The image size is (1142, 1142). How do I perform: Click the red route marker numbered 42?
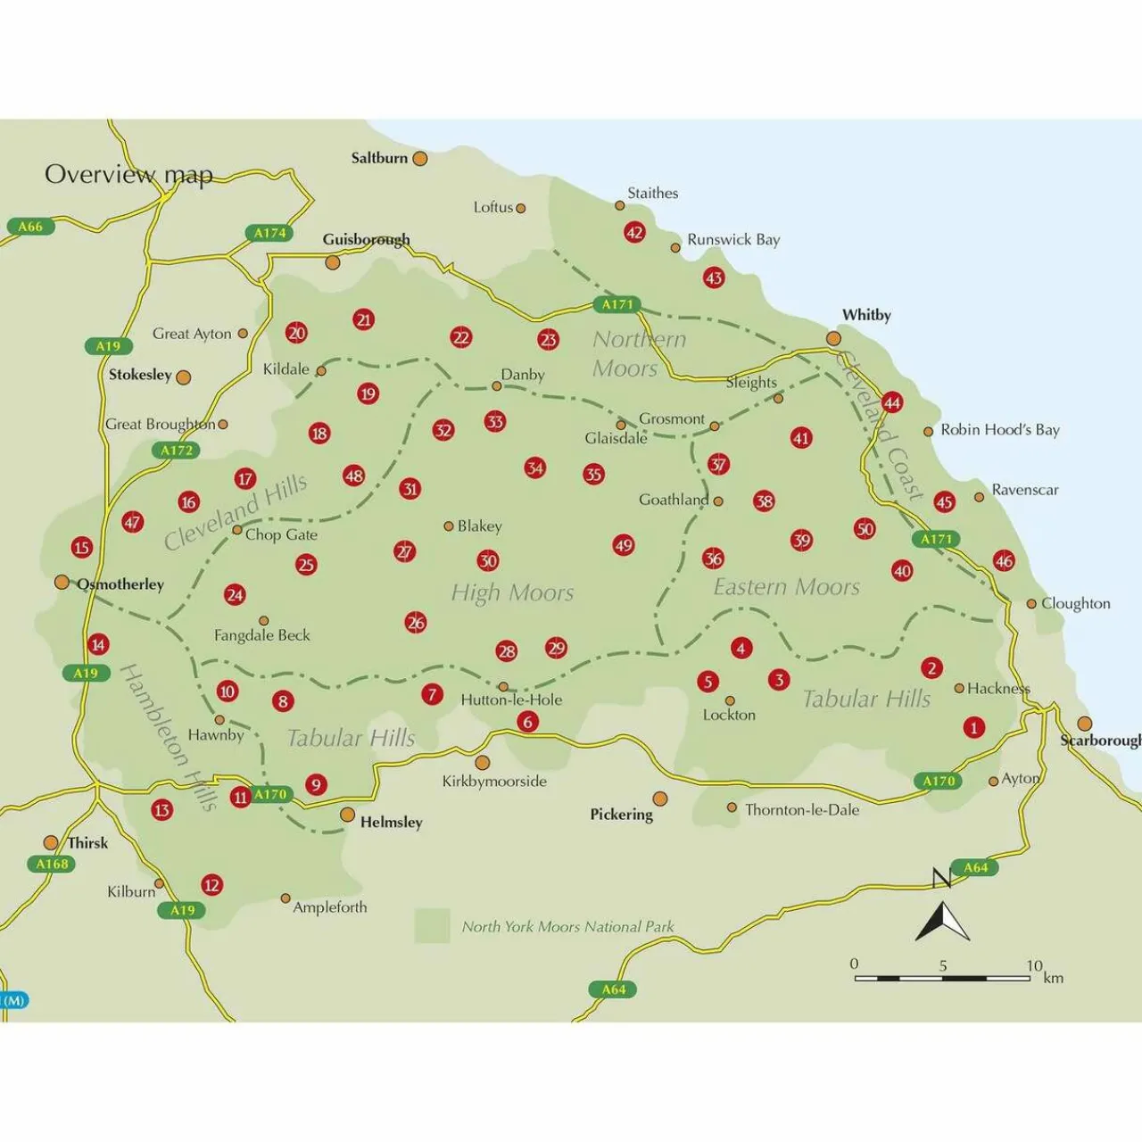coord(634,233)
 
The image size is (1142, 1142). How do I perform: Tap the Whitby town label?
coord(866,315)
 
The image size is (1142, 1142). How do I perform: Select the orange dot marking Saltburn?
coord(419,159)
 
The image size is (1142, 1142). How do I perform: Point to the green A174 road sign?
coord(269,234)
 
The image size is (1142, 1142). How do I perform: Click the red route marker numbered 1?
coord(973,727)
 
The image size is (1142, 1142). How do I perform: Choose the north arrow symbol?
coord(942,921)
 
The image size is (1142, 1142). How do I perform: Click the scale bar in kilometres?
coord(942,978)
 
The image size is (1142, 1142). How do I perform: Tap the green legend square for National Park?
coord(432,926)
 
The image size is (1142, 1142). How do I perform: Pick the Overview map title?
coord(128,174)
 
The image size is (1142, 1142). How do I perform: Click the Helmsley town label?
coord(391,823)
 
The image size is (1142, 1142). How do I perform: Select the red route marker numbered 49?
coord(624,545)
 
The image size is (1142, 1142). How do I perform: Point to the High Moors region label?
coord(512,593)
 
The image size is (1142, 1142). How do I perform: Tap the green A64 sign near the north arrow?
coord(975,867)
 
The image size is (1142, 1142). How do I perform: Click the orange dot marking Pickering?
coord(660,799)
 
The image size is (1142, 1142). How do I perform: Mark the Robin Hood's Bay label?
coord(1000,430)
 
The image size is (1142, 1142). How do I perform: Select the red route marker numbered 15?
coord(82,547)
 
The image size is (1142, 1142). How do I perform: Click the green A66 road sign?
coord(30,227)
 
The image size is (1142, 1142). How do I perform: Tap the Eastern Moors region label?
coord(786,587)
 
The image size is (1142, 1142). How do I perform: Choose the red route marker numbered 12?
coord(211,885)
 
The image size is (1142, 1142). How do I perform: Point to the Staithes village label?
coord(652,194)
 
